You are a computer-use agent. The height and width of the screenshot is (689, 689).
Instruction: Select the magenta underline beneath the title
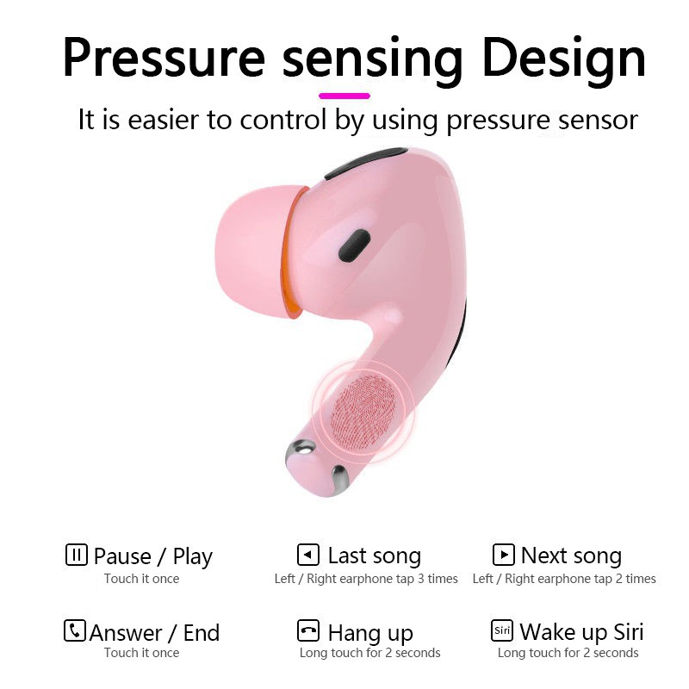pyautogui.click(x=344, y=96)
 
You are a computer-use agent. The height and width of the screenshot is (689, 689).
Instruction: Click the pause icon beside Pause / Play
pyautogui.click(x=77, y=555)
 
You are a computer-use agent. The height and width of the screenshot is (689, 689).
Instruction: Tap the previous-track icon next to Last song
pyautogui.click(x=307, y=554)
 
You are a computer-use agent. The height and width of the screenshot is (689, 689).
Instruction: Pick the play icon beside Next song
pyautogui.click(x=503, y=554)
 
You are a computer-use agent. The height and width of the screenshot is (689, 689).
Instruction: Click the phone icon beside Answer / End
pyautogui.click(x=75, y=630)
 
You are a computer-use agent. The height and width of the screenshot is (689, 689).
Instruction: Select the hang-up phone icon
pyautogui.click(x=307, y=630)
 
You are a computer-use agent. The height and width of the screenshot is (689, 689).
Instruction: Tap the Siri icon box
pyautogui.click(x=502, y=630)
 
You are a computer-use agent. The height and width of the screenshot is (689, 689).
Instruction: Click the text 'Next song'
pyautogui.click(x=571, y=556)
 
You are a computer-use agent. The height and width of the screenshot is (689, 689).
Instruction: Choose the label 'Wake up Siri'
pyautogui.click(x=581, y=632)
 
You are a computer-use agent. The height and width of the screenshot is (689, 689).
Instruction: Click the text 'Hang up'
pyautogui.click(x=370, y=634)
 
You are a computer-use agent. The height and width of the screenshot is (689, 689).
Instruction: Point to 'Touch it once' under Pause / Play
pyautogui.click(x=141, y=579)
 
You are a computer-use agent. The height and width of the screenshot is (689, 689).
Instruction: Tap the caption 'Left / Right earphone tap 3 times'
pyautogui.click(x=366, y=579)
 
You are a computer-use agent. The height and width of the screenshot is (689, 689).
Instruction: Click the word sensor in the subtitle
pyautogui.click(x=594, y=120)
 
